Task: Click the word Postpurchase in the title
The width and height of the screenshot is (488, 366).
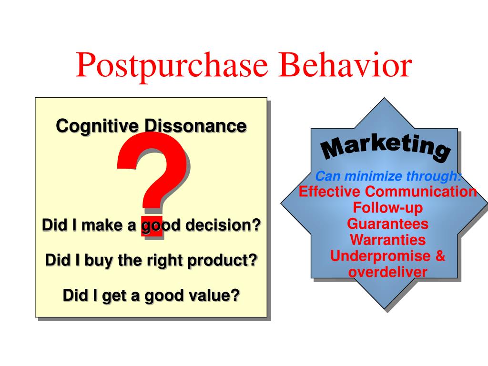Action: [172, 66]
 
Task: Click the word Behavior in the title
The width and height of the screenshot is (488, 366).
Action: [346, 65]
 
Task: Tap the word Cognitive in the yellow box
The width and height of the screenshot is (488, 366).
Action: [97, 126]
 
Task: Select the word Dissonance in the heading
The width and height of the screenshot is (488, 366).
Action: [195, 126]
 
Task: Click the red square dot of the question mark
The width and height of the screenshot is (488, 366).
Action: [152, 226]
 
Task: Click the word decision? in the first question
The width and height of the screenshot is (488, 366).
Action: [223, 225]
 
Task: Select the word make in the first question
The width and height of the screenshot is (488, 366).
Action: [102, 225]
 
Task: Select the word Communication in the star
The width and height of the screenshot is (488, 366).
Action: [421, 192]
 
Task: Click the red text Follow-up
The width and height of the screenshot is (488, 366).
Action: [388, 208]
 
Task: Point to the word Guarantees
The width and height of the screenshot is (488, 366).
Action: [388, 224]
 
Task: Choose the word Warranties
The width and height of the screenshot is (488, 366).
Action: [388, 240]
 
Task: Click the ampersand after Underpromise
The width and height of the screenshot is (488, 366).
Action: [440, 256]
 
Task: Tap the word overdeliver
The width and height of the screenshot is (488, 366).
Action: [388, 272]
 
